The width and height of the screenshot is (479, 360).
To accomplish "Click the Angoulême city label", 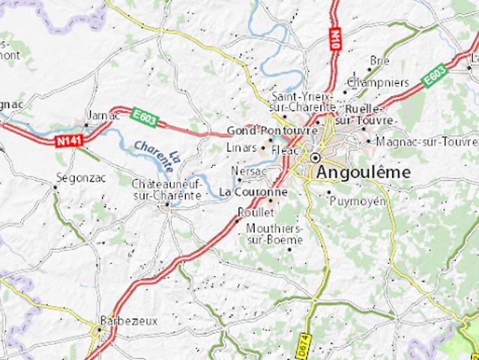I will [x=364, y=172].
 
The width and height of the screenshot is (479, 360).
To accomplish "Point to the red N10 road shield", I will [x=332, y=36].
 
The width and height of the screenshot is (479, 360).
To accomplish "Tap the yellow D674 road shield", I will [x=303, y=345].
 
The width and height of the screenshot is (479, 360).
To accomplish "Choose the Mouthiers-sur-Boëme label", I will [x=274, y=233].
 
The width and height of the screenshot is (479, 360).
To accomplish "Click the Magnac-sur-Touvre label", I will [x=428, y=140].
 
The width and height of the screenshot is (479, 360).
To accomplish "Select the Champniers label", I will [x=379, y=82].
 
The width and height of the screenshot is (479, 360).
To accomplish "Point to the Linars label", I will [x=241, y=147].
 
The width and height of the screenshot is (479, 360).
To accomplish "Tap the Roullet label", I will [x=252, y=212].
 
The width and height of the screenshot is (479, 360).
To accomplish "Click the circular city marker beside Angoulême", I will [x=316, y=158].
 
